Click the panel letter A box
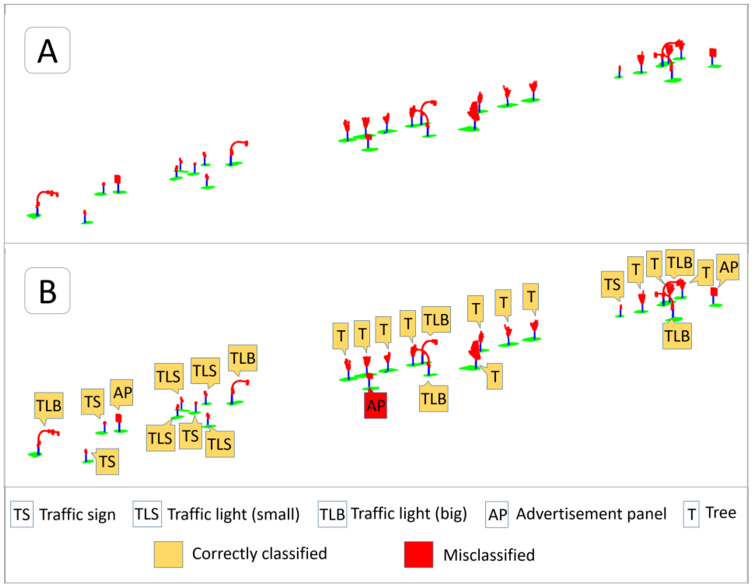click(x=47, y=50)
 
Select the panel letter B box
click(x=47, y=291)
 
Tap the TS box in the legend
click(x=22, y=514)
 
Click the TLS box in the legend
click(x=147, y=514)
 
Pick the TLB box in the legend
click(x=332, y=514)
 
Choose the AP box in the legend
click(x=497, y=514)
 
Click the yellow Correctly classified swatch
click(x=168, y=554)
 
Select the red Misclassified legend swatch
click(x=418, y=554)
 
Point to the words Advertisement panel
click(x=591, y=514)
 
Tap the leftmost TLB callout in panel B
click(x=49, y=406)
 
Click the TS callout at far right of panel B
click(x=612, y=284)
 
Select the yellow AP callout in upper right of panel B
click(x=728, y=267)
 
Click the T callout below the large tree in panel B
click(x=494, y=376)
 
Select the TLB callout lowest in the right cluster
click(x=677, y=336)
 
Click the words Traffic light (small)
click(x=233, y=514)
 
